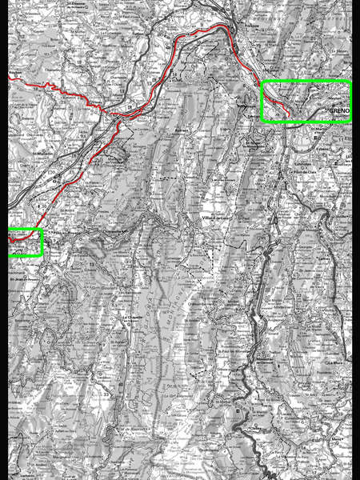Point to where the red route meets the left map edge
tap(10, 78)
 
